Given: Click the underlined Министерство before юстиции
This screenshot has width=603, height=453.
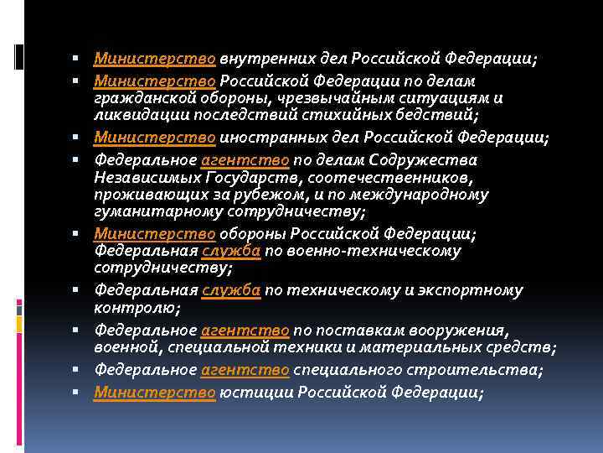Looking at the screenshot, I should tap(156, 393).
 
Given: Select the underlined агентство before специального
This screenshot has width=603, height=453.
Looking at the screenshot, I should tap(245, 370).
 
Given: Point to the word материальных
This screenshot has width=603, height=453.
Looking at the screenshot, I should tap(428, 347).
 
